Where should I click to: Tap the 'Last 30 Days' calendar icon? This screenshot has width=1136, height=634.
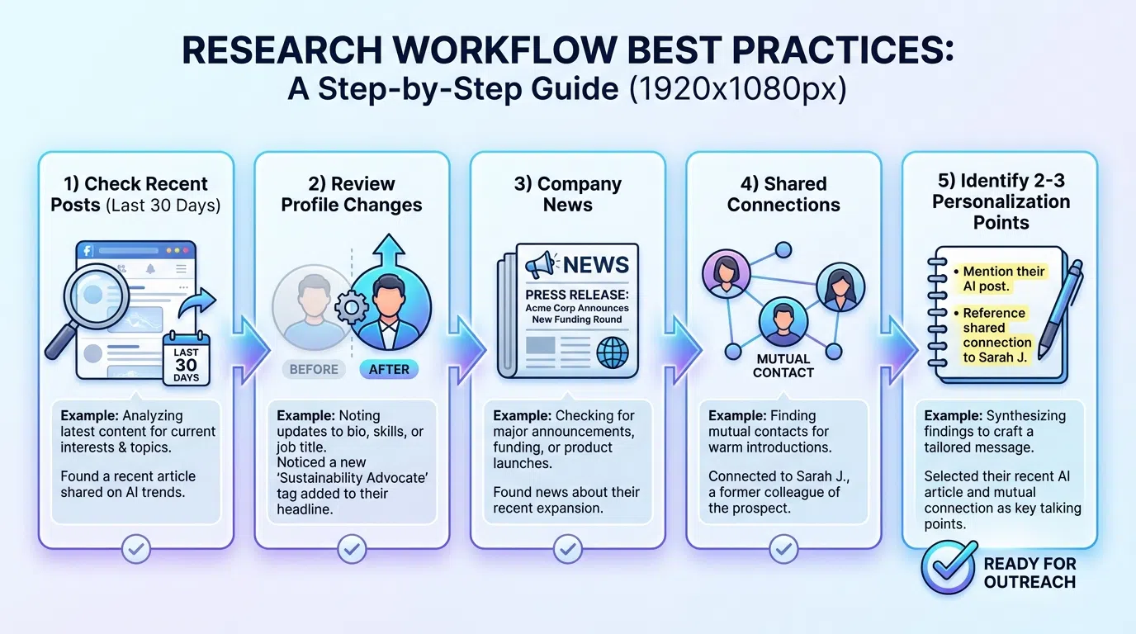coord(187,357)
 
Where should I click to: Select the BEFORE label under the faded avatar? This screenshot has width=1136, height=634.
coord(314,369)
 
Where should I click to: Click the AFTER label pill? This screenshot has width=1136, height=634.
coord(389,369)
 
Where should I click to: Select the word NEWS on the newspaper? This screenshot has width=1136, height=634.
coord(596,265)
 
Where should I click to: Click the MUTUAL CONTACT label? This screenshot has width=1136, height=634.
coord(783,366)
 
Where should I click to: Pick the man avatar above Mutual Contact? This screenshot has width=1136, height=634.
coord(783,323)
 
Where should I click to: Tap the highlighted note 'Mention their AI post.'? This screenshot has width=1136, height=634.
coord(1003,279)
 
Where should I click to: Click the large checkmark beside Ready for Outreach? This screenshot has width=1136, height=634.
coord(948,569)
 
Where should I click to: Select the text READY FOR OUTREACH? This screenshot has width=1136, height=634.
coord(1029,573)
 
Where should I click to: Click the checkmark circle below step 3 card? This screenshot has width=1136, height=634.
coord(568,546)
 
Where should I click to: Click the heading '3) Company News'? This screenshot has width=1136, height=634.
coord(568,194)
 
